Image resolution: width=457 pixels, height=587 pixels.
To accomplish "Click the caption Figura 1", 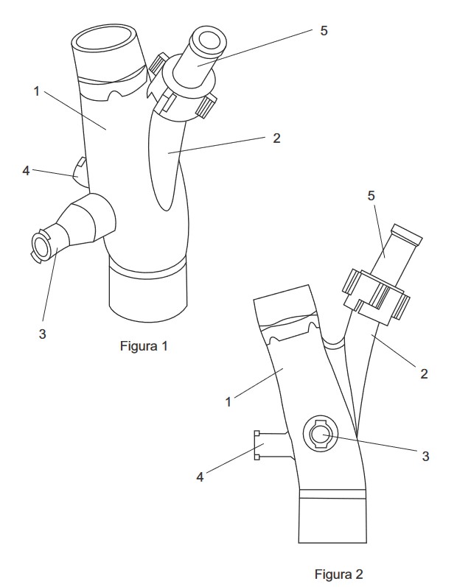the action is [x=144, y=346].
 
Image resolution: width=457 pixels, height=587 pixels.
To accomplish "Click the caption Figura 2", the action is [x=338, y=574].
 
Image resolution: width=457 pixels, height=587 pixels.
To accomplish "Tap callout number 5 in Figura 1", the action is [x=324, y=31].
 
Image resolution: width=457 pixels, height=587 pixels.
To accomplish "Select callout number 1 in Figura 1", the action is [x=36, y=91].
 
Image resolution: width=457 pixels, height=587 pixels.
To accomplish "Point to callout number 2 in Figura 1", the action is [x=276, y=138].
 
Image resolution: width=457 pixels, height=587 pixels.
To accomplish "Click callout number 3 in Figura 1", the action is [x=42, y=334].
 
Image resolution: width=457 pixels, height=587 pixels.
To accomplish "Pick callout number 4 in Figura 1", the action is [x=26, y=171].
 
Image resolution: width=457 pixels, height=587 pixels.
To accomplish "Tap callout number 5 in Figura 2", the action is [x=371, y=195].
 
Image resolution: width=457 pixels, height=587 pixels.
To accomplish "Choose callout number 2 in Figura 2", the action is [x=424, y=373].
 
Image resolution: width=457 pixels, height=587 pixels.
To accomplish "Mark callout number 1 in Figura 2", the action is [x=228, y=401].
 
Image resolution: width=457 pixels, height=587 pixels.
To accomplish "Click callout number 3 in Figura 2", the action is [x=425, y=456].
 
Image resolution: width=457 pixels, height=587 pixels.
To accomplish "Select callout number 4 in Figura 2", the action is [x=200, y=477].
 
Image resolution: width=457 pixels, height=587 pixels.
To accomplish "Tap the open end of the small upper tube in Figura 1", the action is [x=209, y=39].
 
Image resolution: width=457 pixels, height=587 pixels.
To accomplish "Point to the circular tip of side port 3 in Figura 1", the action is [x=39, y=246].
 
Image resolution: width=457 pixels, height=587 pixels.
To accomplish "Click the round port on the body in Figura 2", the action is [x=321, y=434].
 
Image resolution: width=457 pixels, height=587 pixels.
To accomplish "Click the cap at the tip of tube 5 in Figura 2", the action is [x=406, y=234].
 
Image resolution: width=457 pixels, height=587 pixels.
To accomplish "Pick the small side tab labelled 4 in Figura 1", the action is [x=81, y=172].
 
